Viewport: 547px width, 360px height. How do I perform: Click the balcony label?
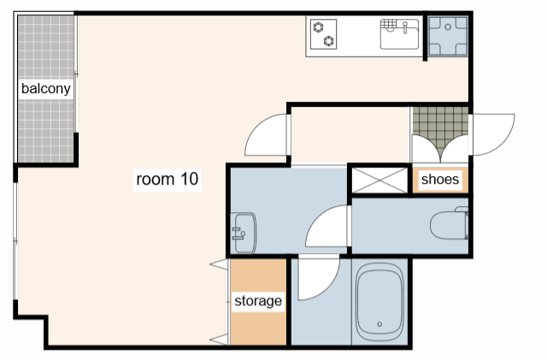click(x=45, y=89)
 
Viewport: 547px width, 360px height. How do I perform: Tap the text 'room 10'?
click(x=168, y=179)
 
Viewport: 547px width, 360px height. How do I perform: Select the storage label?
click(x=258, y=301)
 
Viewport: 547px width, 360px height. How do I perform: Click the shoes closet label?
click(x=440, y=179)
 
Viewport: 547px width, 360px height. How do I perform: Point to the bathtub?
click(x=379, y=303)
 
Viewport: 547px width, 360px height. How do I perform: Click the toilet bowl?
click(x=448, y=225)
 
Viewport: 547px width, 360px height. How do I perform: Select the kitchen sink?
click(x=399, y=34)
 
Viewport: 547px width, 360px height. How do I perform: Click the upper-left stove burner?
click(x=318, y=27)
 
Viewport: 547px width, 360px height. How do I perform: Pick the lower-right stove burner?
click(x=328, y=41)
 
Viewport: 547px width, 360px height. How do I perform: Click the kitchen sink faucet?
click(x=405, y=27)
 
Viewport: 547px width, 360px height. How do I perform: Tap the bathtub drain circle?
click(x=379, y=324)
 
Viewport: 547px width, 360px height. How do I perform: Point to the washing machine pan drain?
click(x=448, y=27)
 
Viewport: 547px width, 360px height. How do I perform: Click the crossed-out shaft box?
click(x=379, y=180)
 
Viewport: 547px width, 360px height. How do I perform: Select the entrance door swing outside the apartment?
click(x=492, y=134)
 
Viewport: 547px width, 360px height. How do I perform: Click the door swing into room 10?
click(x=267, y=135)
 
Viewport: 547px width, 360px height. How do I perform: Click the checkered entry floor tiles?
click(x=440, y=128)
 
